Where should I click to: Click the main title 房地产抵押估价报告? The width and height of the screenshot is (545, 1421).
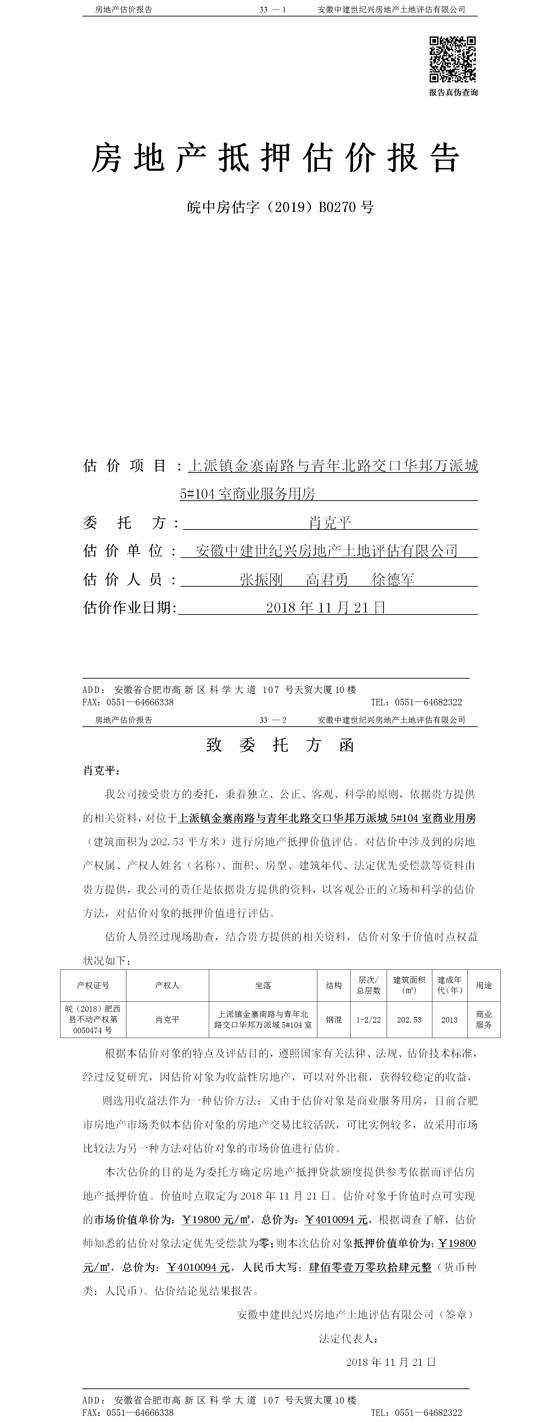[x=275, y=158]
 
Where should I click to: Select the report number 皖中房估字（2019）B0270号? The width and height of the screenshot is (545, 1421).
[x=280, y=207]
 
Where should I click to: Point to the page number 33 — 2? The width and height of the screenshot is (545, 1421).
[x=273, y=720]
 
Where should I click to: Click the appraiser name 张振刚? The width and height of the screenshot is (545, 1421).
[x=261, y=579]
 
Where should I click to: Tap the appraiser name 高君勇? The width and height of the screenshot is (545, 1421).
[x=327, y=579]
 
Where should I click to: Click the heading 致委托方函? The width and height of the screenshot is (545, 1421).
[x=280, y=745]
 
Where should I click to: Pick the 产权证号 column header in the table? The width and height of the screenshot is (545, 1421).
[x=93, y=985]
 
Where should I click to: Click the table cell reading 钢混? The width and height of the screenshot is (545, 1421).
[x=333, y=1020]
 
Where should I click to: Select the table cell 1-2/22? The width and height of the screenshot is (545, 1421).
[x=368, y=1020]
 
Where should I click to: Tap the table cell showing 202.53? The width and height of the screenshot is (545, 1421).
[x=409, y=1020]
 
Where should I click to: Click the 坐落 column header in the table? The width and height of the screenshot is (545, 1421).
[x=263, y=985]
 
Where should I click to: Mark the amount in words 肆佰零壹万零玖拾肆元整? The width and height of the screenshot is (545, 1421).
[x=370, y=1267]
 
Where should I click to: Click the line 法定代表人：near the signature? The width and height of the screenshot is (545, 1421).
[x=349, y=1338]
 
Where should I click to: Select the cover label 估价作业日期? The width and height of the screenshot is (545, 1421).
[x=129, y=608]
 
